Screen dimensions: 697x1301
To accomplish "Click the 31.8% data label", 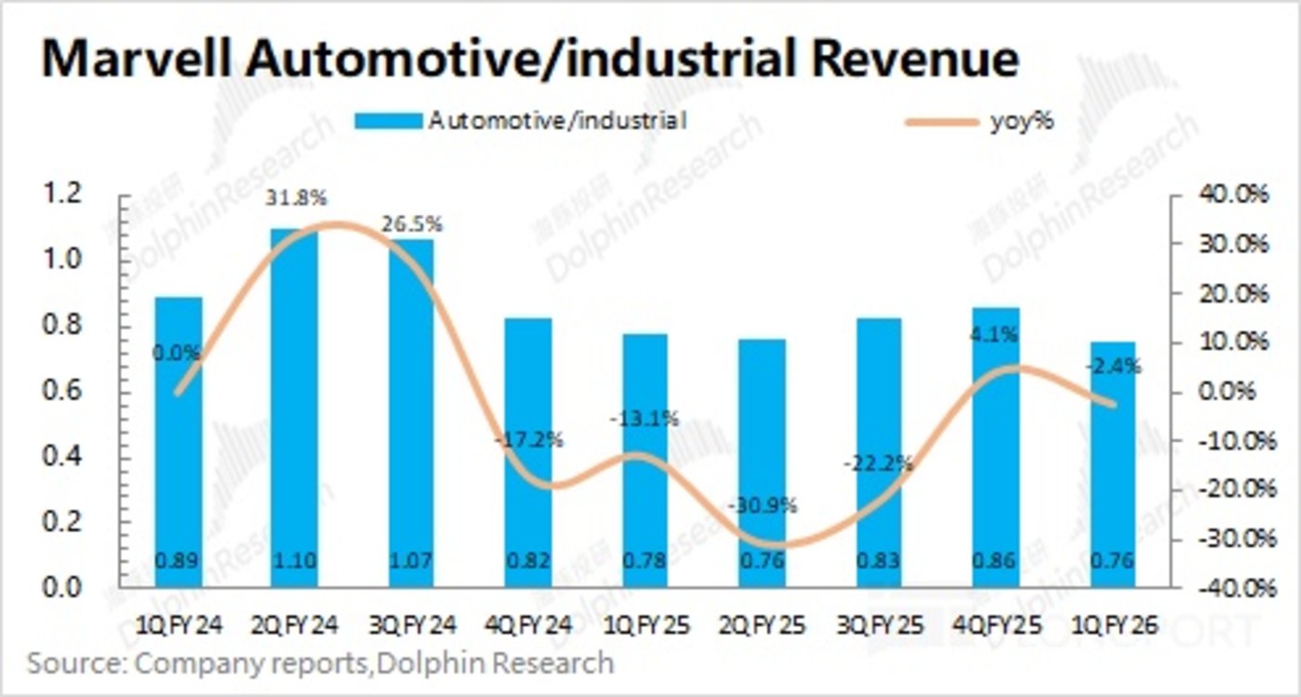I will (294, 198).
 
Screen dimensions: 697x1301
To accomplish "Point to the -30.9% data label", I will (763, 506).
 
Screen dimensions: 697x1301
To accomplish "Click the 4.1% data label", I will (996, 332).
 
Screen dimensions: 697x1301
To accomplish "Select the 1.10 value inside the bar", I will (294, 561).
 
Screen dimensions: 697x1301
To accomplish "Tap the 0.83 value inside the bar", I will (879, 561).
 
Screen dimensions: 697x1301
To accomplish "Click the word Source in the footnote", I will (73, 663).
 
